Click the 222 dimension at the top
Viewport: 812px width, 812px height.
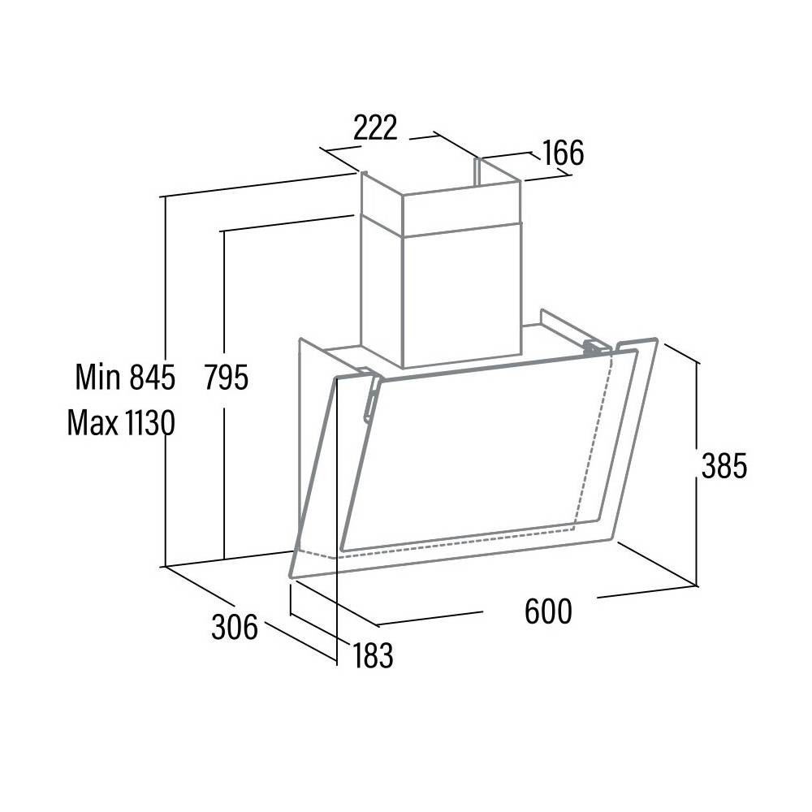coord(375,127)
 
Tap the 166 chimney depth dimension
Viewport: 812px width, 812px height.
coord(563,153)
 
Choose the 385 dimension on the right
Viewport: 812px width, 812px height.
coord(724,465)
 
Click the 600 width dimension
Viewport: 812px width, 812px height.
coord(548,611)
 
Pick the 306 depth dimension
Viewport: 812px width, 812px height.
coord(235,627)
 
